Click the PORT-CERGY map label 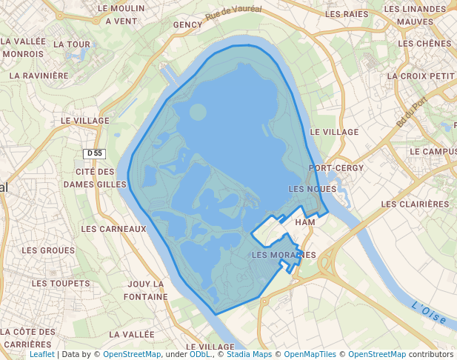pyautogui.click(x=336, y=168)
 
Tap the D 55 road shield pyautogui.click(x=94, y=153)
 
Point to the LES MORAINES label pyautogui.click(x=284, y=255)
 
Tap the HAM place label pyautogui.click(x=305, y=222)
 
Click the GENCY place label pyautogui.click(x=187, y=24)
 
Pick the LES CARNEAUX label pyautogui.click(x=113, y=229)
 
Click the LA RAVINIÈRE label pyautogui.click(x=39, y=76)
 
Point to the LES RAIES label pyautogui.click(x=347, y=14)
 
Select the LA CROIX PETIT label pyautogui.click(x=421, y=76)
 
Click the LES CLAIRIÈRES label pyautogui.click(x=415, y=204)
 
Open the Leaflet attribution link pyautogui.click(x=41, y=354)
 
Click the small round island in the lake pyautogui.click(x=198, y=113)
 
